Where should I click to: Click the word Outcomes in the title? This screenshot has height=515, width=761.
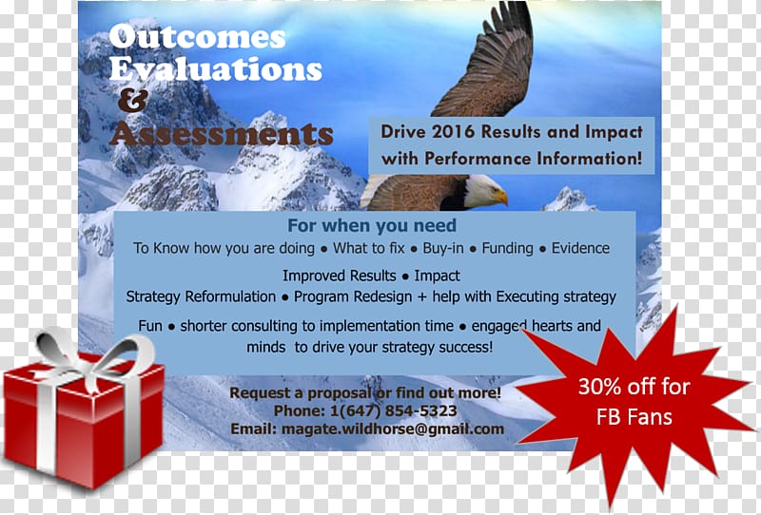point(197,37)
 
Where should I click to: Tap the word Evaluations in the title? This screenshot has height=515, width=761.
point(216,68)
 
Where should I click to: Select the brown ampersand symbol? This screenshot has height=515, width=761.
point(133,102)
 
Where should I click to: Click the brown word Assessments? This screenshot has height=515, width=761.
point(222,134)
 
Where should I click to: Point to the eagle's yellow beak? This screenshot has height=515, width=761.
point(501,197)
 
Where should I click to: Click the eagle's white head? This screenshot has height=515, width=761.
point(485,191)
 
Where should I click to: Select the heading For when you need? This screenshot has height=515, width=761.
point(372,225)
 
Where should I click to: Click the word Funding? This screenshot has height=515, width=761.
point(507,248)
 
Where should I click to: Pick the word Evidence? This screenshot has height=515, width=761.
point(580,248)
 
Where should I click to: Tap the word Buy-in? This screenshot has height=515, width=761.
point(443,248)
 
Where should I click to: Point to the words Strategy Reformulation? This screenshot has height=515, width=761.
point(201,296)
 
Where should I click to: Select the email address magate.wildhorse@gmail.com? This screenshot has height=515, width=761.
point(393,429)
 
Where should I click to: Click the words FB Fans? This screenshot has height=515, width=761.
point(634,417)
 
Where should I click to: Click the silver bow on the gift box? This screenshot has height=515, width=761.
point(92,356)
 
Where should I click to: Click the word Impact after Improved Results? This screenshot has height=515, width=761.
point(437,276)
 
